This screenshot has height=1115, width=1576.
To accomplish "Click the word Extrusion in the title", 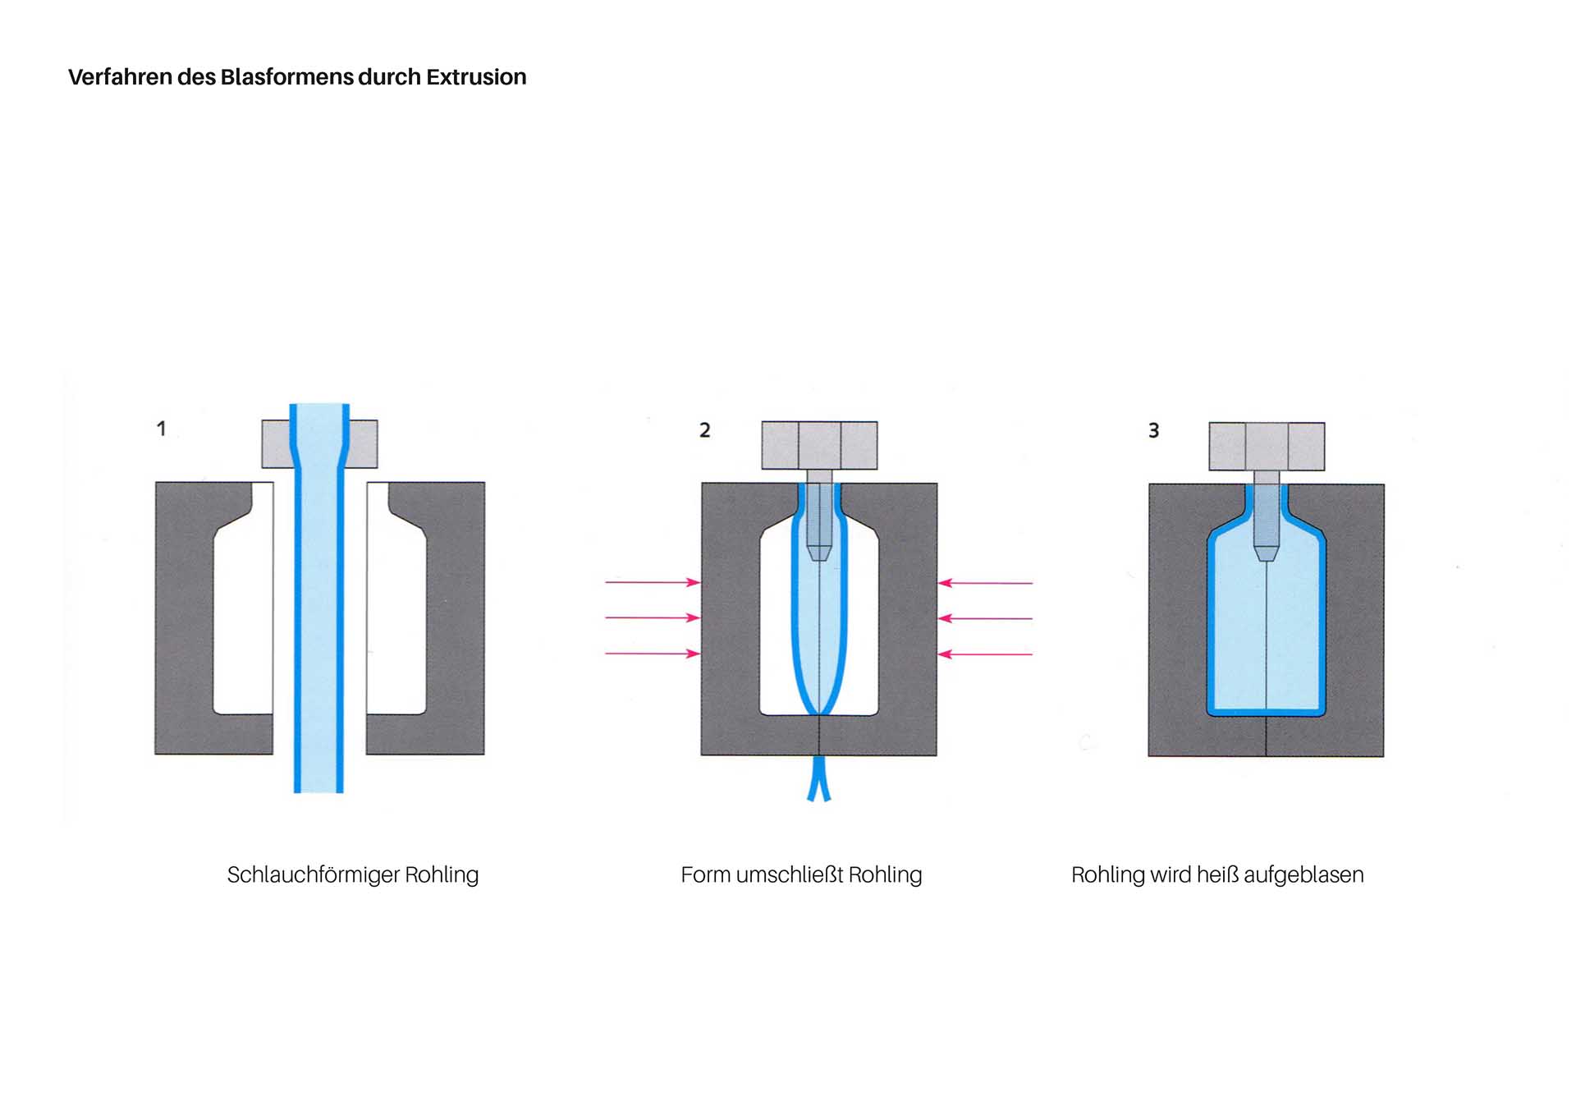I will tap(476, 77).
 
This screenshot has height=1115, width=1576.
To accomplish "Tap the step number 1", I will tap(162, 429).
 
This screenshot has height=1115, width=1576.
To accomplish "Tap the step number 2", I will tap(704, 430).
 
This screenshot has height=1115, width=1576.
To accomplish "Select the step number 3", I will tap(1153, 431).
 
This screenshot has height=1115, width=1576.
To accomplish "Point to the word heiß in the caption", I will tap(1217, 875).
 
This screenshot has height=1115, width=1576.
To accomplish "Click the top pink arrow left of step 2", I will tap(653, 582).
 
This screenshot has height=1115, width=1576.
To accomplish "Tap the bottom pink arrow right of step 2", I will tap(985, 654).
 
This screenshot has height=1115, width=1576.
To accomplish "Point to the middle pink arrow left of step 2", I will tap(653, 617).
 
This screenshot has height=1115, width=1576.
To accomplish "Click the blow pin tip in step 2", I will tap(819, 553).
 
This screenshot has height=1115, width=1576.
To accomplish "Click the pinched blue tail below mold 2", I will tap(818, 780).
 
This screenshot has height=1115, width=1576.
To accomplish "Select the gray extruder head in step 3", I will tap(1267, 446).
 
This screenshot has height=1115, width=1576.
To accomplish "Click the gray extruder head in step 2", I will tap(819, 445).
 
